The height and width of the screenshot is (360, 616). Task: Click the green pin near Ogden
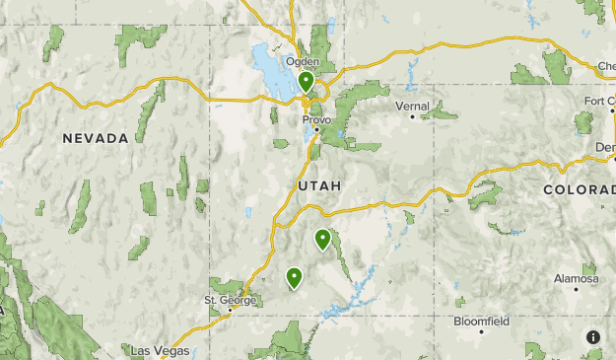307,81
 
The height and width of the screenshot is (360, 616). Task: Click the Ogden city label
303,61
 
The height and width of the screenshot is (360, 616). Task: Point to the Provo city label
317,119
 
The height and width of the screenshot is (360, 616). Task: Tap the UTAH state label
318,185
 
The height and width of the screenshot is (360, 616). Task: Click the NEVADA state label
96,138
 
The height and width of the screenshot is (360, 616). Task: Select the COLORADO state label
580,188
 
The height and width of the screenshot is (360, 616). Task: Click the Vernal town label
412,106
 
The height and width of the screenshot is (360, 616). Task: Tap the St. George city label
230,300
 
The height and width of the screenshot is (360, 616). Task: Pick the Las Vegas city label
161,350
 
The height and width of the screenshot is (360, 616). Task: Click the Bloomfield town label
481,321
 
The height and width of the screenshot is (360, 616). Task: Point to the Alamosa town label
576,278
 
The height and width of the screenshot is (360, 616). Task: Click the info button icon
593,337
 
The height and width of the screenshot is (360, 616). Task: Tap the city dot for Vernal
413,116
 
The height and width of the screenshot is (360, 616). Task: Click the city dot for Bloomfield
481,331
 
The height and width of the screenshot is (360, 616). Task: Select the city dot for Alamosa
576,289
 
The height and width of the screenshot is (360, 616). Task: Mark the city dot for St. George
231,310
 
